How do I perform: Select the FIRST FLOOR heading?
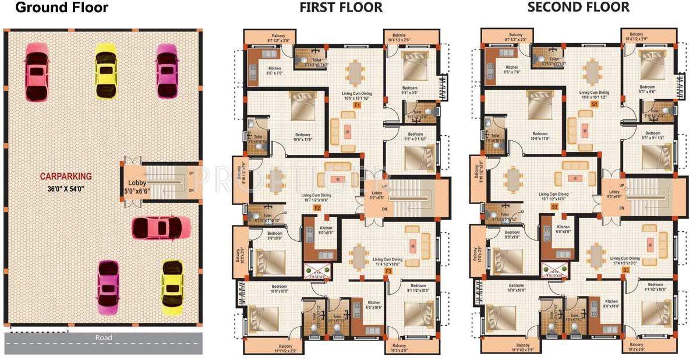(341, 8)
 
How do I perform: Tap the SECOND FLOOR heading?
(578, 7)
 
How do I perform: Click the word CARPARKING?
(66, 176)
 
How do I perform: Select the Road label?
(104, 337)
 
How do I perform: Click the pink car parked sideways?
(161, 227)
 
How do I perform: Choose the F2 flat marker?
(317, 207)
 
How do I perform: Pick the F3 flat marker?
(388, 271)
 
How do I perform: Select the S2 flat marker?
(554, 207)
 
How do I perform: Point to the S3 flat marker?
(626, 271)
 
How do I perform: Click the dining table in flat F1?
(353, 73)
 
